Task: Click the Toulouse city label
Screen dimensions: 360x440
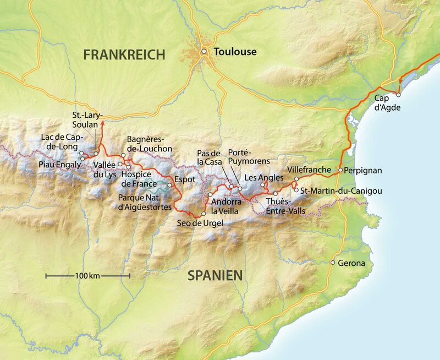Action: point(235,52)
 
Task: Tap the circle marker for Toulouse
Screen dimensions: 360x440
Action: point(204,52)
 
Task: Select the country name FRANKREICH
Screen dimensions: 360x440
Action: point(124,54)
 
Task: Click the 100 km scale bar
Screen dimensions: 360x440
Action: point(87,275)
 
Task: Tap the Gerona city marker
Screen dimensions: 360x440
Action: point(332,263)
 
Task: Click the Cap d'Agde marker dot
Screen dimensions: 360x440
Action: point(399,94)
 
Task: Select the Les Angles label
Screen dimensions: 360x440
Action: point(263,178)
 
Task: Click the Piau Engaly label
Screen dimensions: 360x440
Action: point(58,164)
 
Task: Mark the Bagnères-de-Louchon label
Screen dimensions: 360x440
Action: point(149,144)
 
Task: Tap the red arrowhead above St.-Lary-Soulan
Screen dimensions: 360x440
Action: point(101,116)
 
